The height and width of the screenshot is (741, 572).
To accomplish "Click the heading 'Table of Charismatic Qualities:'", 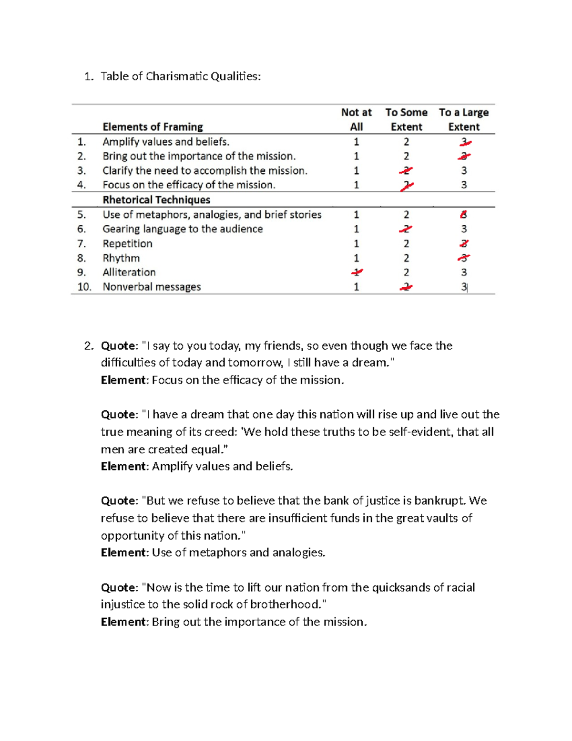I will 181,76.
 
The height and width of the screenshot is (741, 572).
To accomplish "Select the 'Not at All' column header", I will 356,119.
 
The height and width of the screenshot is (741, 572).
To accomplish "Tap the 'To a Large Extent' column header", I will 464,119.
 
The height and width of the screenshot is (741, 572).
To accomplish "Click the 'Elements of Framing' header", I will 153,127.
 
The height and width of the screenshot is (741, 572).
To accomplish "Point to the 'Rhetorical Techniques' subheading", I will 156,200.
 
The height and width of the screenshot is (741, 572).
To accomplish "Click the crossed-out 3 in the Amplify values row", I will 464,142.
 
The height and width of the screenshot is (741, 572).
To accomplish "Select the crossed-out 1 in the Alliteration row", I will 357,272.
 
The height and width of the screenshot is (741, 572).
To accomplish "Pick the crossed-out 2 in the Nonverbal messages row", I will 406,287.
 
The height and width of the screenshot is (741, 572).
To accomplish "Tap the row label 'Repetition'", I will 127,244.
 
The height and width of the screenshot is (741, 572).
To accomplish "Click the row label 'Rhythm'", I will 121,258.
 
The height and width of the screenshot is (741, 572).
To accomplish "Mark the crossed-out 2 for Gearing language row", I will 406,229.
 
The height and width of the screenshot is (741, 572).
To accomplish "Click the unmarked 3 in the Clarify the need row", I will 464,171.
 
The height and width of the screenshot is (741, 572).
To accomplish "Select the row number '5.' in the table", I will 82,215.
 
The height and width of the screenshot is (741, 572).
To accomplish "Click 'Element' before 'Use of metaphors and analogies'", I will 124,553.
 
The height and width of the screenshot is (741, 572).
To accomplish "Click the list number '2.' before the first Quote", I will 89,346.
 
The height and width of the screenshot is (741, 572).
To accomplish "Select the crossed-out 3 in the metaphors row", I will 463,215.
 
